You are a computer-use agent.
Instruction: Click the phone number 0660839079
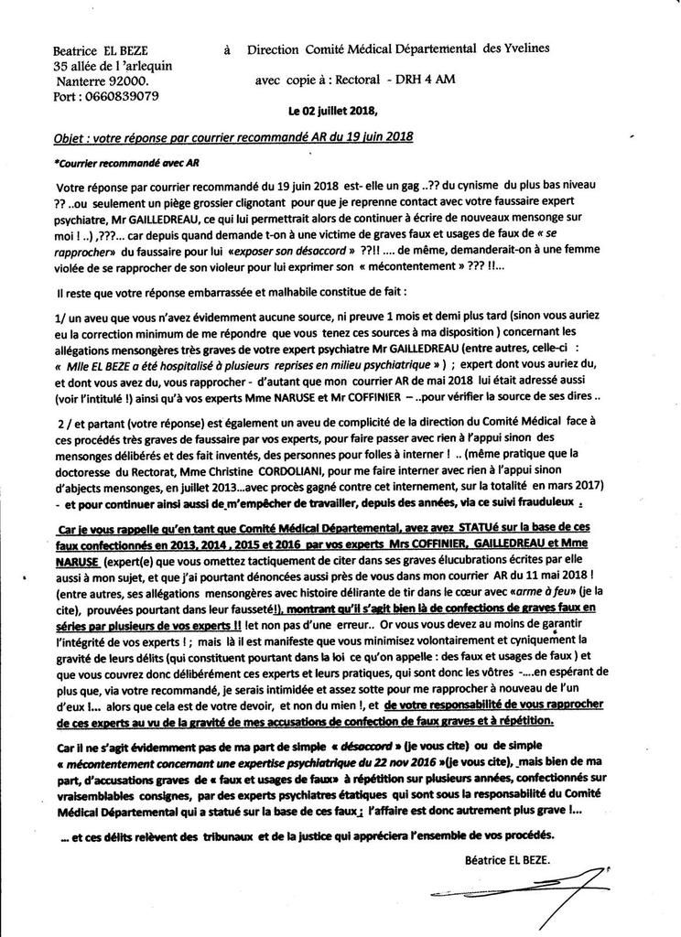tap(124, 94)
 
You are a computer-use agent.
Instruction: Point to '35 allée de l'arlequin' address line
tap(113, 66)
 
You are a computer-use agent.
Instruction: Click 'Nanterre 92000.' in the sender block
tap(96, 81)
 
